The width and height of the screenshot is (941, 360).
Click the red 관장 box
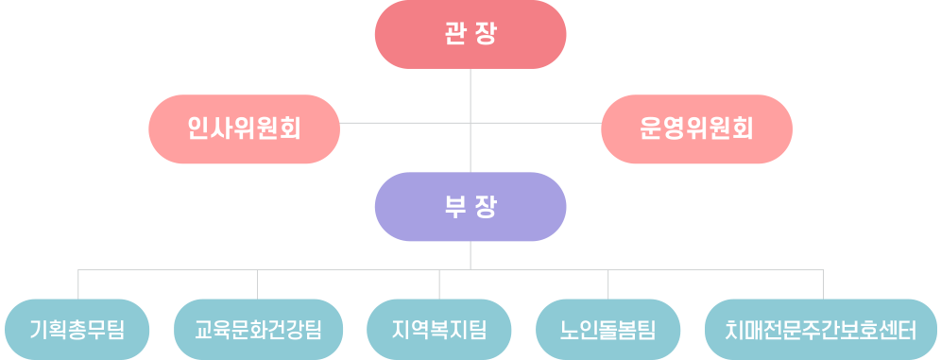(470, 34)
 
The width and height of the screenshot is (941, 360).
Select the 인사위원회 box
(245, 129)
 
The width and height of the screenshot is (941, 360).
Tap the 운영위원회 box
(696, 129)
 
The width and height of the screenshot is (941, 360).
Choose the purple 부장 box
(470, 206)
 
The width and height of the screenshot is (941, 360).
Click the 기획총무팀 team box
(77, 330)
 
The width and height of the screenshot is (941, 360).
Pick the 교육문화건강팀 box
(258, 330)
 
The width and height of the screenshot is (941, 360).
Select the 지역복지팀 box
(438, 330)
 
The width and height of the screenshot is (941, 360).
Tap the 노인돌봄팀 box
(607, 330)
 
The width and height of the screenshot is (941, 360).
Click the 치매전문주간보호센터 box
(821, 330)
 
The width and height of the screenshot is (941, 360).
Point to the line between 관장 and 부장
(470, 121)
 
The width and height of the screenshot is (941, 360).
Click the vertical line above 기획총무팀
(78, 284)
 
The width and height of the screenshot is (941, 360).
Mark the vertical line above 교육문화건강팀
(258, 284)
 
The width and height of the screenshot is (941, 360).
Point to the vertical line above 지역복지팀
(439, 284)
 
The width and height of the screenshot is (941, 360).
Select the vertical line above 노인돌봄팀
(607, 284)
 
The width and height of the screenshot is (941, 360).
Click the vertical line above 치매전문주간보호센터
(824, 284)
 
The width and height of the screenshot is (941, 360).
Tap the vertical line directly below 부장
(470, 256)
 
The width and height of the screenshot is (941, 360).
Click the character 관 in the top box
(454, 34)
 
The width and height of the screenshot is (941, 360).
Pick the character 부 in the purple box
(454, 207)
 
